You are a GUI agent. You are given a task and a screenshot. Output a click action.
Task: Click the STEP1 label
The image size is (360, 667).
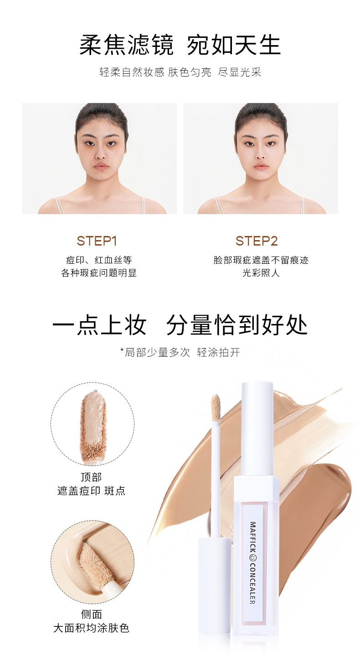[x=97, y=241]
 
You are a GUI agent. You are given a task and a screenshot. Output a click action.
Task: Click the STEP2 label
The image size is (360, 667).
[x=257, y=241]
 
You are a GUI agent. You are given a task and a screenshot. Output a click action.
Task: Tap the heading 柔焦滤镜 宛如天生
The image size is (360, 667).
[x=180, y=45]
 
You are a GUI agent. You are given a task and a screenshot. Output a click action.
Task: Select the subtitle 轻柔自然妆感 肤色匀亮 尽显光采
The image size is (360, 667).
[x=180, y=72]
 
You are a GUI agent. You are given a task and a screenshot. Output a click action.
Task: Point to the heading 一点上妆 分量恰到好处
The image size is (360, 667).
[x=180, y=324]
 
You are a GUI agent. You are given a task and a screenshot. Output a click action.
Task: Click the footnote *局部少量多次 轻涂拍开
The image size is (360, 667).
[x=180, y=352]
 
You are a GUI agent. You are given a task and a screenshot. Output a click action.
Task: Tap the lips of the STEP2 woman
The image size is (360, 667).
[x=261, y=166]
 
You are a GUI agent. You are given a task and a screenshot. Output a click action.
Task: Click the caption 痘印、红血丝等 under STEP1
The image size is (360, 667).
[x=99, y=260]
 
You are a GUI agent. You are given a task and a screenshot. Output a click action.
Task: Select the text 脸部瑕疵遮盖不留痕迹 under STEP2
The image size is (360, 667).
[x=261, y=260]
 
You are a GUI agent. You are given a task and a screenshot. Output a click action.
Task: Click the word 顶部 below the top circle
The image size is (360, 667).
[x=91, y=477]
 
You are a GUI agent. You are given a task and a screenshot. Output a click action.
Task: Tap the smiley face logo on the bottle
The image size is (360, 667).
[x=252, y=556]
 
